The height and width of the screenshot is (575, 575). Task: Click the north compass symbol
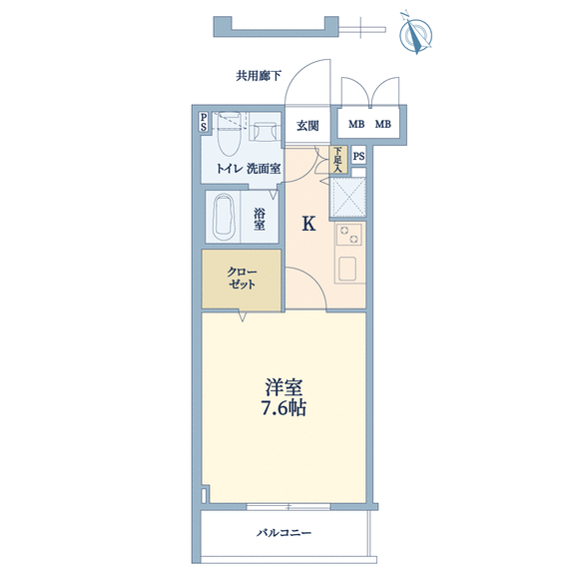(x=415, y=34)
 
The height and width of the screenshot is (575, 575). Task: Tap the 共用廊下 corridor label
(x=259, y=76)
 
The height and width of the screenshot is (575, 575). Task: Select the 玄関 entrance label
(x=307, y=126)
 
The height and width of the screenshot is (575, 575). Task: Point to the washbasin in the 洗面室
(x=265, y=132)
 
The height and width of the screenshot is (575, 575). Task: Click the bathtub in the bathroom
(x=224, y=217)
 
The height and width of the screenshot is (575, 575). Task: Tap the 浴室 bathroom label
(x=260, y=219)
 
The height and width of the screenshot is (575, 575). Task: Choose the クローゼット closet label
(x=242, y=279)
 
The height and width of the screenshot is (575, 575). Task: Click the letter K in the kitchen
(x=308, y=224)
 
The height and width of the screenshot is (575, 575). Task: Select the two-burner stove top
(x=348, y=235)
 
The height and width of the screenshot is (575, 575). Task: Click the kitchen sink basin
(x=347, y=269)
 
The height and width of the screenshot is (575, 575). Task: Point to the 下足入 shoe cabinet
(x=338, y=160)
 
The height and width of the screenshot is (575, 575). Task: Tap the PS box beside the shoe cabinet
(x=358, y=156)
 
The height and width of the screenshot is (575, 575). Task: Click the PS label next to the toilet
(x=204, y=122)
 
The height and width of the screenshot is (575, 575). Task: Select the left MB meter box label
(x=356, y=125)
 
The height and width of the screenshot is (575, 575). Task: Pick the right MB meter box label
(x=383, y=125)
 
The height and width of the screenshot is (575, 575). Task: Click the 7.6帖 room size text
(x=284, y=407)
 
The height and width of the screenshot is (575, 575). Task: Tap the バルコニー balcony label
(x=284, y=532)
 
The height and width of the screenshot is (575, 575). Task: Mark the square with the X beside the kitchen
(x=348, y=198)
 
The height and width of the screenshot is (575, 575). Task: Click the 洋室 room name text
(x=284, y=387)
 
